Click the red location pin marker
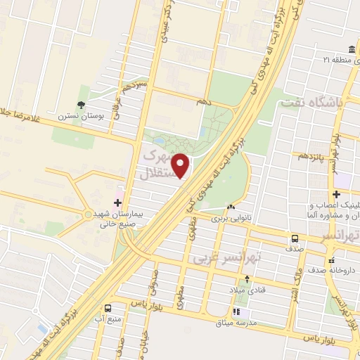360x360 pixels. tap(181, 165)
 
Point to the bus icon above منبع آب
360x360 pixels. tap(108, 308)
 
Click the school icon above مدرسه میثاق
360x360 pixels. tap(237, 311)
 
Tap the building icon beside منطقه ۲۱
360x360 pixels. tap(326, 60)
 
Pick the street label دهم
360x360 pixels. tap(203, 101)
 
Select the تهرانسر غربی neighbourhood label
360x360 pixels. tap(226, 259)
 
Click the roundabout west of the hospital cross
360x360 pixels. tap(87, 213)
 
